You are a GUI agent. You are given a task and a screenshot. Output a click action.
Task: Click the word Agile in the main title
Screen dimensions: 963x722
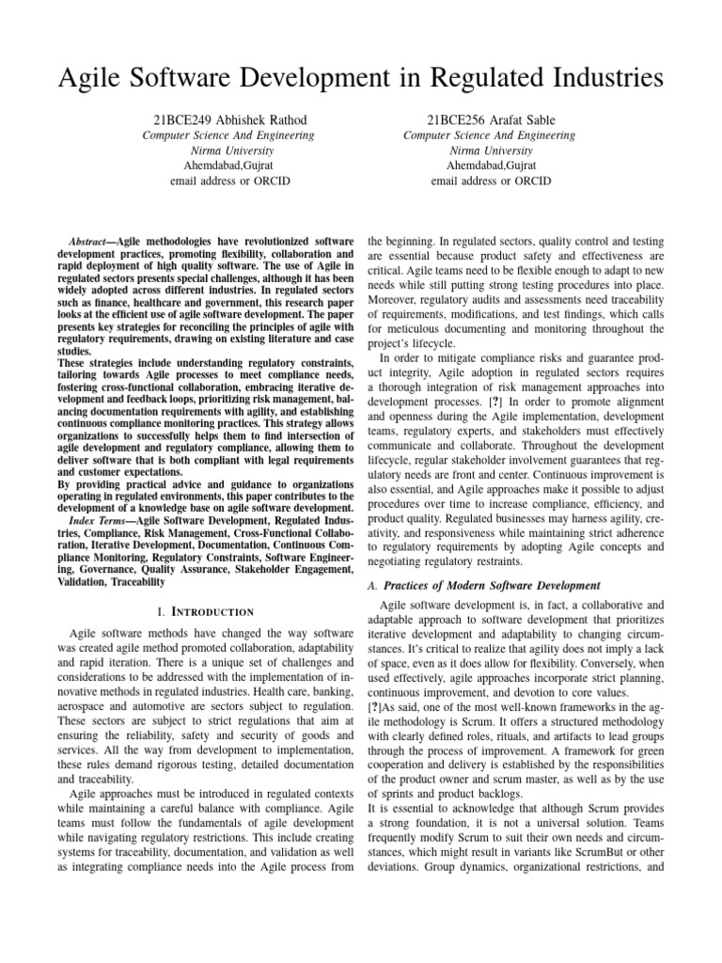97,73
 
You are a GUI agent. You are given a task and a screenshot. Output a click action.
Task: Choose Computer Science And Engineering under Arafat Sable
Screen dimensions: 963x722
489,135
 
